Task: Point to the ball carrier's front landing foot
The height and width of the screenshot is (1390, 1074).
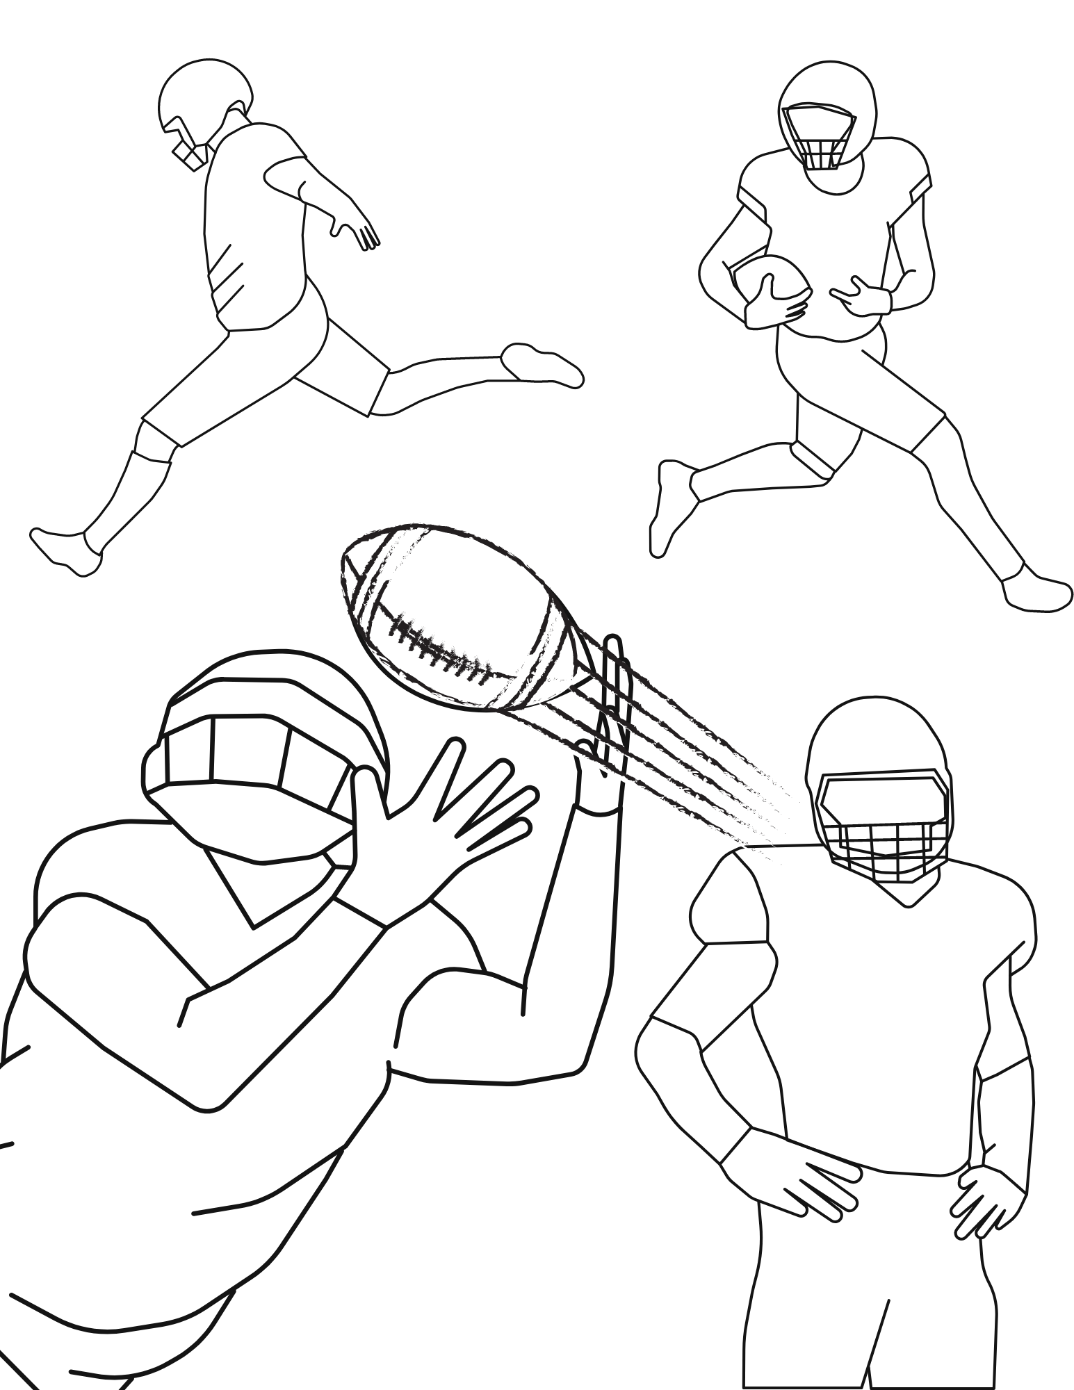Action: point(1036,594)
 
